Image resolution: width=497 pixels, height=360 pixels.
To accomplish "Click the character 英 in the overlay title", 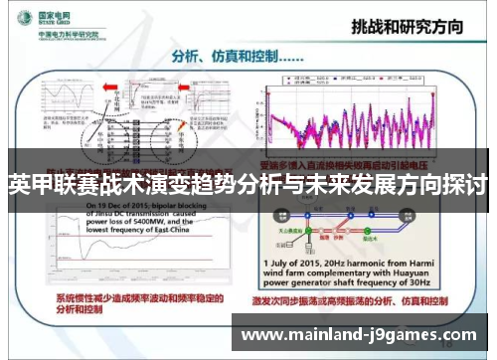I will [x=15, y=186].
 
